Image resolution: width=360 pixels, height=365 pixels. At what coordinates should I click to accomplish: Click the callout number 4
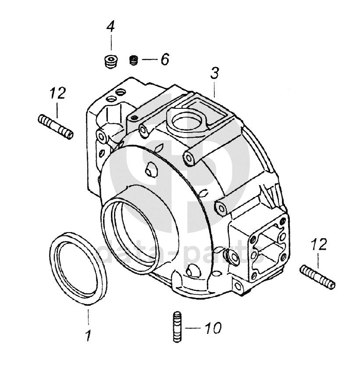pos(110,26)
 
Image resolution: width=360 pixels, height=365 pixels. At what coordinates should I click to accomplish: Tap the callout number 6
pos(165,59)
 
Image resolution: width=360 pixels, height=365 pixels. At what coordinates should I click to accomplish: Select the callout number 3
pos(214,73)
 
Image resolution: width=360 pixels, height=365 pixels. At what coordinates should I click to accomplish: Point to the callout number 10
pos(214,328)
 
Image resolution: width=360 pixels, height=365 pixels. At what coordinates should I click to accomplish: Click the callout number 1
pos(88,336)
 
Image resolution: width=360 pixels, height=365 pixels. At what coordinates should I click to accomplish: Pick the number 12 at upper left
pos(57,93)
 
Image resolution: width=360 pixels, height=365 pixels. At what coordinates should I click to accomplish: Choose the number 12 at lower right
pos(319,244)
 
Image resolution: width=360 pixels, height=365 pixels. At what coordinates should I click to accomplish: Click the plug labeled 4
pos(110,61)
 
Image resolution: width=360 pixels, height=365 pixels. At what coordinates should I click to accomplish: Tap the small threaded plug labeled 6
pos(134,60)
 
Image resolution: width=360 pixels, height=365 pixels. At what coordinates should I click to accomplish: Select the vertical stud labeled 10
pos(177,327)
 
